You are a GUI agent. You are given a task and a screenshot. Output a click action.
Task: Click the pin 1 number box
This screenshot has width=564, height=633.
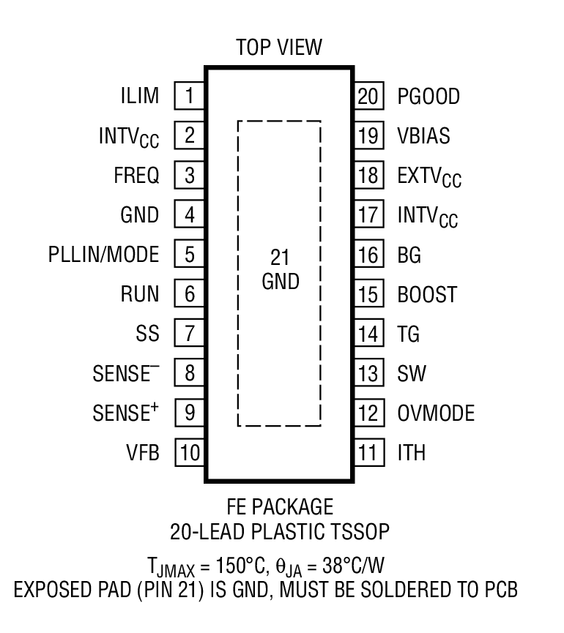point(189,96)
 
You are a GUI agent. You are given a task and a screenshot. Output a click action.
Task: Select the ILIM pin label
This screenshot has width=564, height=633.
point(139,96)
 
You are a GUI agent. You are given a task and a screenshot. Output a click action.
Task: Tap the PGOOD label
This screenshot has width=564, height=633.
point(428,96)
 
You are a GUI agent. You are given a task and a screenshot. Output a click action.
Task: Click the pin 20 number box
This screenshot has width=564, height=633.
point(369,96)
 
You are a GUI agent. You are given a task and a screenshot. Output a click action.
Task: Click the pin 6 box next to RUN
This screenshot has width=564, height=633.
point(189,294)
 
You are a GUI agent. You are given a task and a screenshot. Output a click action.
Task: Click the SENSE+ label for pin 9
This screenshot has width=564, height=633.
point(125,413)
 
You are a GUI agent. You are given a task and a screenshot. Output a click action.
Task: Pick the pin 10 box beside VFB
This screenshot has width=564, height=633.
point(189,453)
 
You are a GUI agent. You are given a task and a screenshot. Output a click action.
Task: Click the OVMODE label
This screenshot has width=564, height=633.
point(436,413)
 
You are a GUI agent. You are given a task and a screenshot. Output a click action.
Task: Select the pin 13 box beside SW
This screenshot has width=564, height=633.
point(369,373)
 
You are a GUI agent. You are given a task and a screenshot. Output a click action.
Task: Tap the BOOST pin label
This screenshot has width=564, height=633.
point(427,294)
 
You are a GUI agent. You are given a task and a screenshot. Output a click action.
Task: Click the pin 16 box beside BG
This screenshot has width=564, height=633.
point(369,255)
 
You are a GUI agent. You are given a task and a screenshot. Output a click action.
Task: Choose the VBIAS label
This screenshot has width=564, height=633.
point(424,135)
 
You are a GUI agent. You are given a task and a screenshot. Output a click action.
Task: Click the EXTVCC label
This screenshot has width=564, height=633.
point(429,176)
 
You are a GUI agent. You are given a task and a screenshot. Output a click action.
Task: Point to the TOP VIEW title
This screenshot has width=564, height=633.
point(278,48)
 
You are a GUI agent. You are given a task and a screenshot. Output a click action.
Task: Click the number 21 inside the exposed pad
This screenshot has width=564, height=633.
point(280,258)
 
